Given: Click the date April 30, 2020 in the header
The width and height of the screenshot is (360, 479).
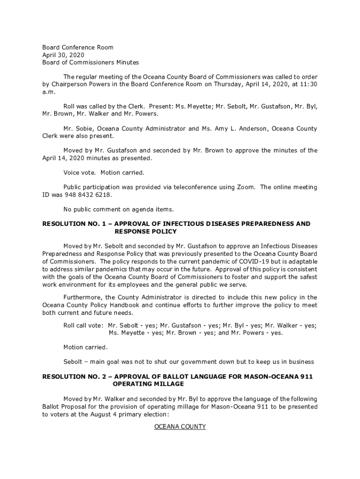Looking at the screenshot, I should tap(60, 55).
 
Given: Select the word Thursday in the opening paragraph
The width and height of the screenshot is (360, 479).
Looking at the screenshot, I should tap(229, 84).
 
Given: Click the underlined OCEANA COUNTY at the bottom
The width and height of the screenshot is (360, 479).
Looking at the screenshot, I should tap(180, 427).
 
